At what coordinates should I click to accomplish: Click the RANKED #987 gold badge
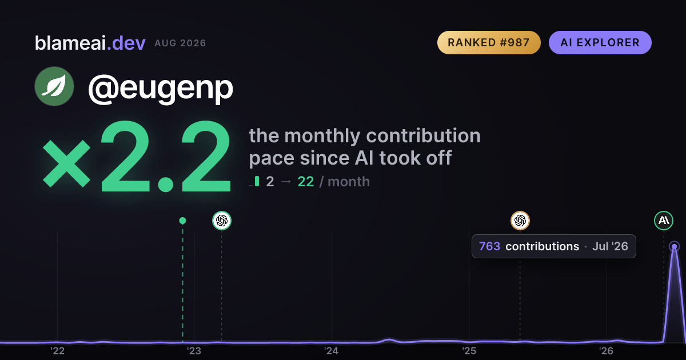click(x=489, y=42)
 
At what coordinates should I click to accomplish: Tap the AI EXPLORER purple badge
click(x=600, y=42)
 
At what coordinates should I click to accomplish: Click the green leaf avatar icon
click(x=54, y=86)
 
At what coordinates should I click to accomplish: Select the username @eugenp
click(x=161, y=89)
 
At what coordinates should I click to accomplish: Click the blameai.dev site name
click(x=90, y=43)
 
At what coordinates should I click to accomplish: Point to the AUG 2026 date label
click(x=180, y=43)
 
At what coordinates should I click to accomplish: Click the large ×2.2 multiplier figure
click(x=137, y=156)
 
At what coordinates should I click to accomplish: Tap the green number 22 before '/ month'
click(x=306, y=182)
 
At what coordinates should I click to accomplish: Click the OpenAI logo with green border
click(x=222, y=221)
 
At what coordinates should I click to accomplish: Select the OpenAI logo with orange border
click(x=520, y=221)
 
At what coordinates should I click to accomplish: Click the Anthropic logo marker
click(x=664, y=221)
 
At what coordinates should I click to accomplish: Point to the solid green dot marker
click(x=182, y=221)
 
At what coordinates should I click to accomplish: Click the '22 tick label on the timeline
click(x=57, y=351)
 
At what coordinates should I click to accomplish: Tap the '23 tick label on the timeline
click(x=194, y=351)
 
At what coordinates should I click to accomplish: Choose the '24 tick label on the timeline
click(x=332, y=351)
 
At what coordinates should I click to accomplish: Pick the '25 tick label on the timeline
click(x=469, y=351)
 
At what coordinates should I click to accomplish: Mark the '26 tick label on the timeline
click(x=606, y=351)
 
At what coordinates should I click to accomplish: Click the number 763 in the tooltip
click(x=489, y=246)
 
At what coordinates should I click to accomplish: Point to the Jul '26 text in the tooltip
click(x=610, y=246)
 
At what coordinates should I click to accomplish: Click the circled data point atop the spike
click(x=675, y=246)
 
